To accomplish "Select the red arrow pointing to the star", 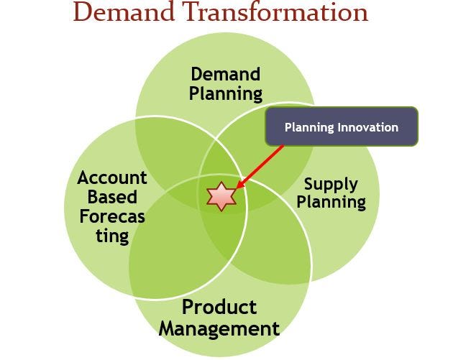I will [x=260, y=168].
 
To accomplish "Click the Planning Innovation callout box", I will [x=342, y=127].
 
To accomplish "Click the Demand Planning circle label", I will [x=226, y=83].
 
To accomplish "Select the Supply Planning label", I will [x=331, y=193].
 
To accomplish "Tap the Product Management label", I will [x=219, y=318].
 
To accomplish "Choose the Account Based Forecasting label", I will [x=112, y=206].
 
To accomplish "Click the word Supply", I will [x=331, y=183].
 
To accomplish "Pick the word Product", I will [x=219, y=308].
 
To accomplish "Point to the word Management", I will [x=219, y=329].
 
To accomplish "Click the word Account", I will [x=112, y=177].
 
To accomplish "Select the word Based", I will [x=112, y=197].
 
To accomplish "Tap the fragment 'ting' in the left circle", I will [x=112, y=236].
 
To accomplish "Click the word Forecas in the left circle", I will [x=112, y=216].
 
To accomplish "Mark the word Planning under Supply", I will [x=331, y=203].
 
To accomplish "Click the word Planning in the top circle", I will [x=226, y=93].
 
